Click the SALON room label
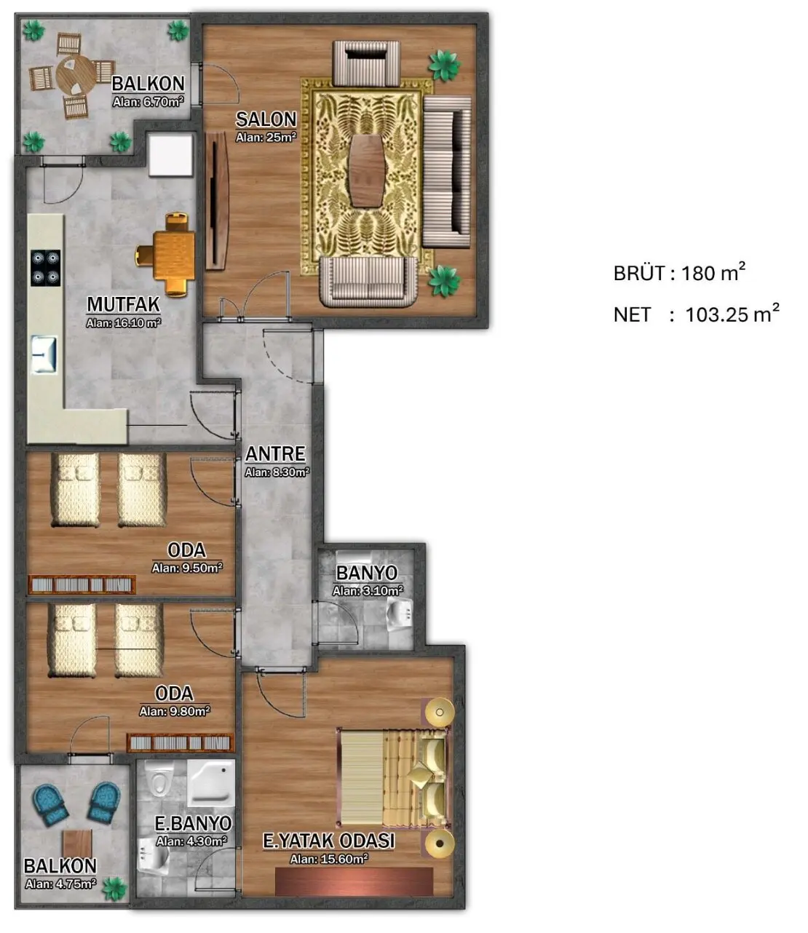266,119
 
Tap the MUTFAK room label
123,304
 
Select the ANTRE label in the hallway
275,453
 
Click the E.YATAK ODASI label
328,841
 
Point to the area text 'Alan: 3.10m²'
368,591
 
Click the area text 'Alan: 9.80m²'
174,711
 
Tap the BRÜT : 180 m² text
679,272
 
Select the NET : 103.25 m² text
696,314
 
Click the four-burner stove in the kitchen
45,268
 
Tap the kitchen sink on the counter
44,354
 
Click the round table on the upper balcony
76,74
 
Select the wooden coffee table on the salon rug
368,170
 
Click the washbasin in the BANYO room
400,614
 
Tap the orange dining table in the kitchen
174,255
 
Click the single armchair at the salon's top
366,63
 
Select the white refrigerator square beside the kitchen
170,154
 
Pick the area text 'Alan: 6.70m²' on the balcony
148,102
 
